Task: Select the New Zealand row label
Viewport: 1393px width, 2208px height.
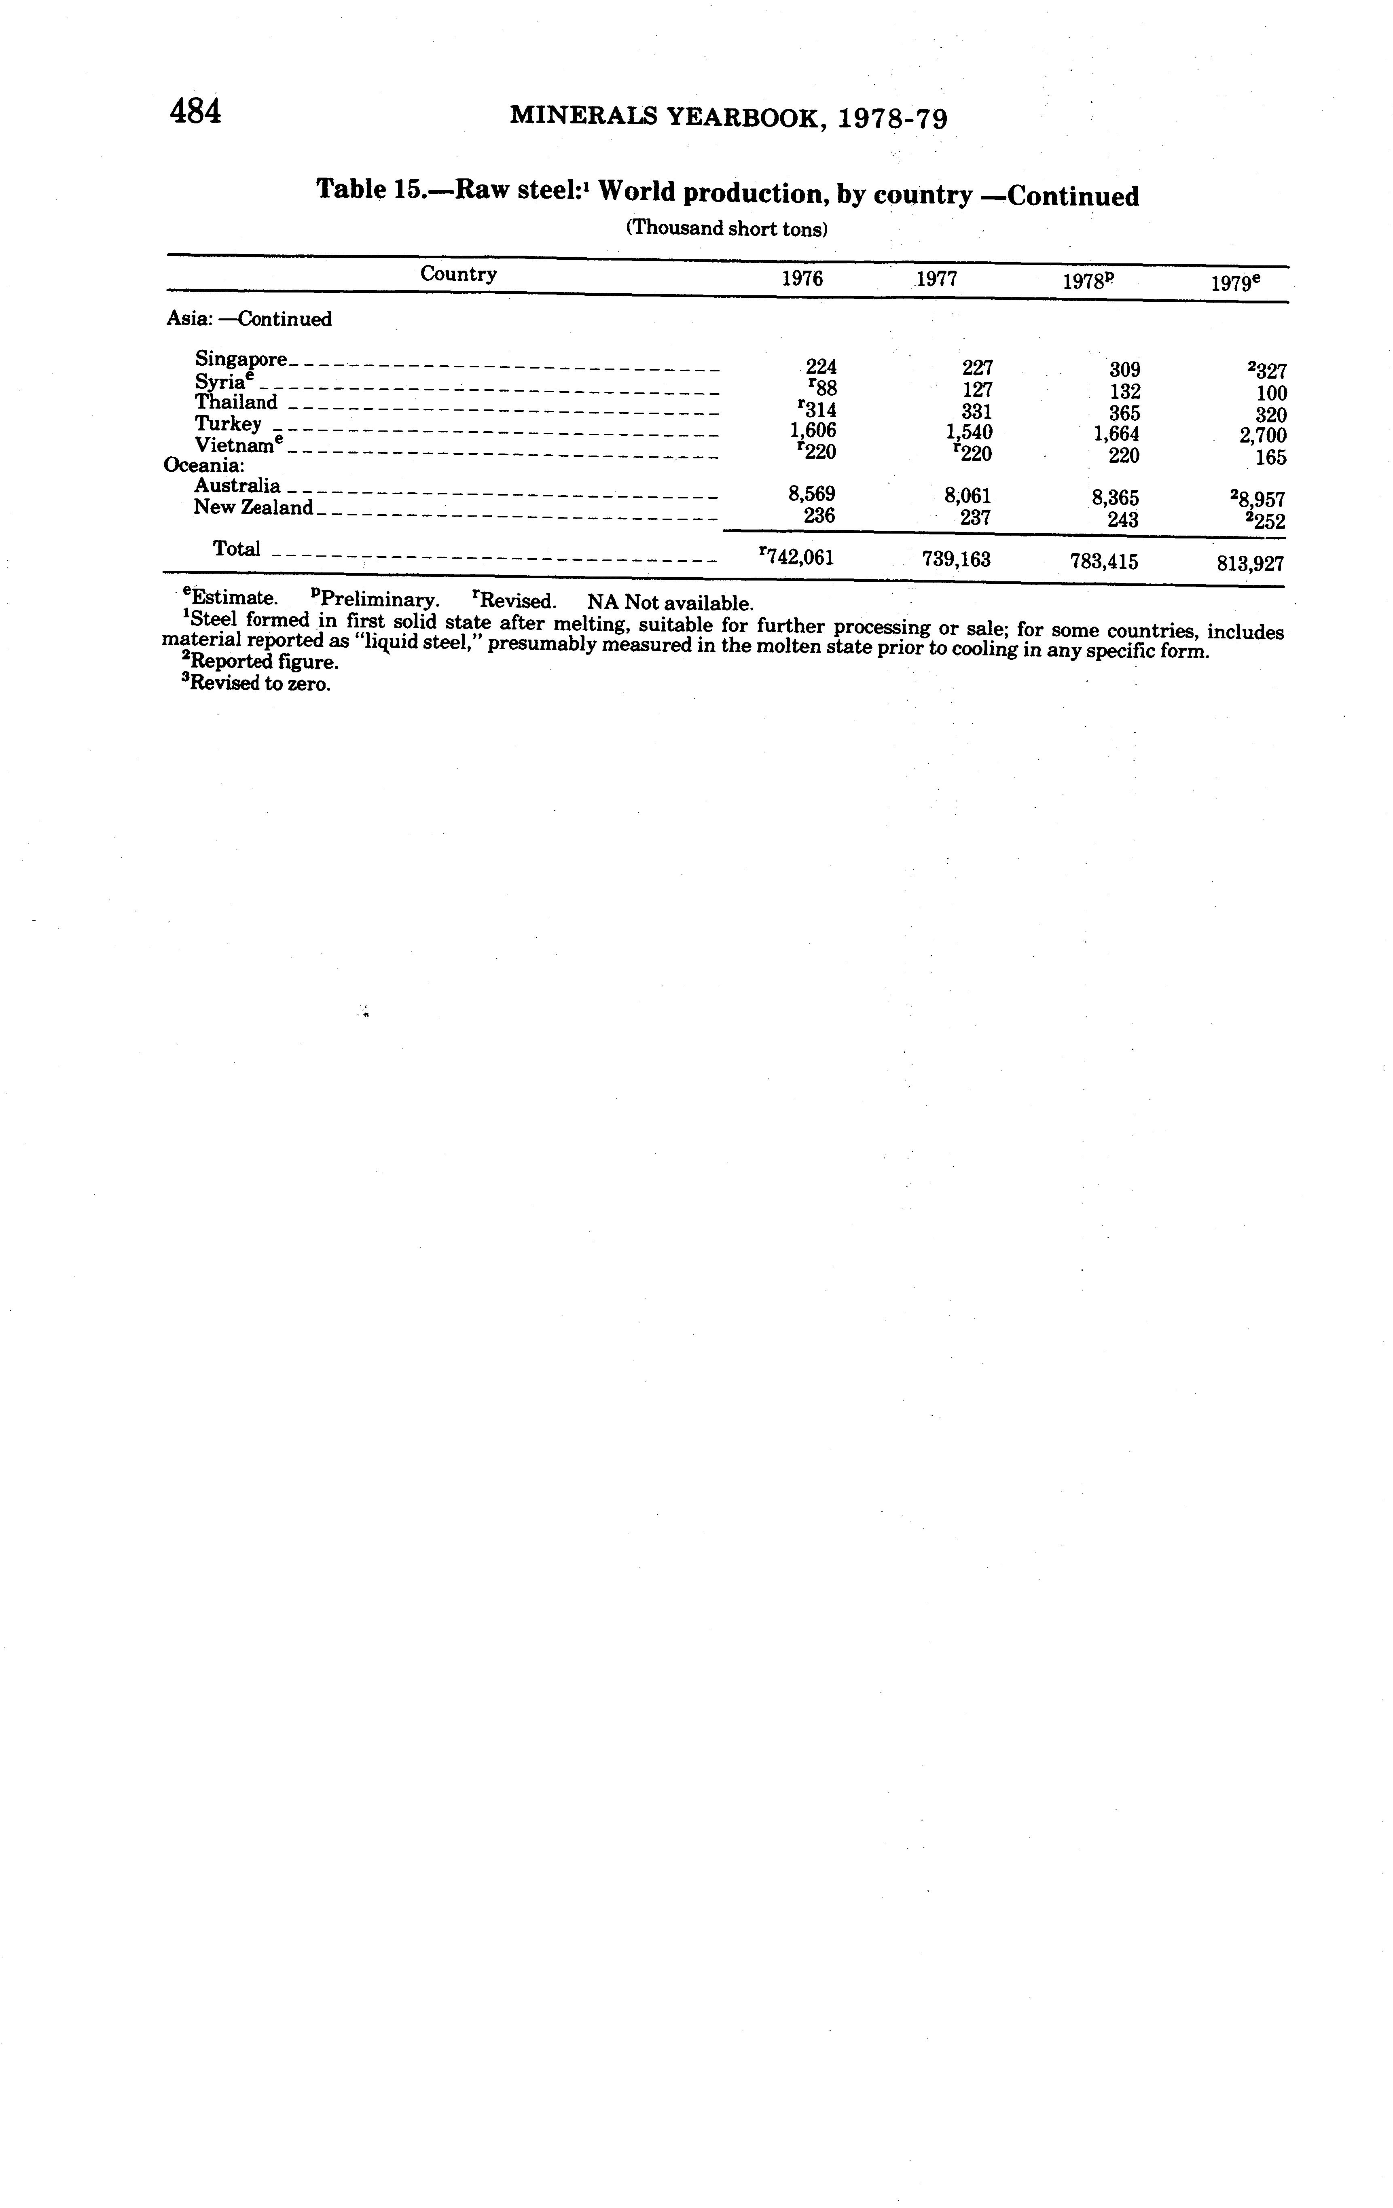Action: click(x=253, y=507)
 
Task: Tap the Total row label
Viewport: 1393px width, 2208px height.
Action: click(x=237, y=548)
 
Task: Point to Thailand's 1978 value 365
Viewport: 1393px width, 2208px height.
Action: click(x=1124, y=413)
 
